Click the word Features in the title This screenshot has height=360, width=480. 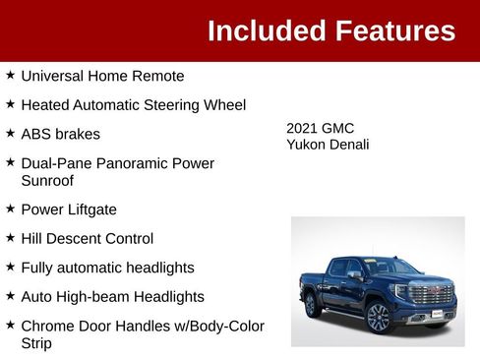395,30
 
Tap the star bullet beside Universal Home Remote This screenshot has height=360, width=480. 10,75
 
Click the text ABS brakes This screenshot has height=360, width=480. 60,134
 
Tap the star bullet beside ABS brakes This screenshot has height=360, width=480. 10,133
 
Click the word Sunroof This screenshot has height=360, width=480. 47,180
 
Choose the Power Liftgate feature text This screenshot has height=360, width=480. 69,210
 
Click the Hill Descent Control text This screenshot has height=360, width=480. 88,238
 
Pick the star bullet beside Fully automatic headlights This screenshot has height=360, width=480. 10,267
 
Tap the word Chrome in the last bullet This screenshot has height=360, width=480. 47,326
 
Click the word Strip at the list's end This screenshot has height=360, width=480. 36,343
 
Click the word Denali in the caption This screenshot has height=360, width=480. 349,145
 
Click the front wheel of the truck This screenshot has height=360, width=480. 378,317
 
